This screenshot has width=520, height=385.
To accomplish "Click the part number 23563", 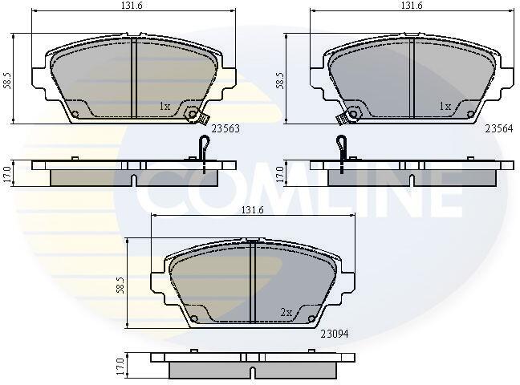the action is tap(225, 128).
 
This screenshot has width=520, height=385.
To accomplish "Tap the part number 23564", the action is tap(499, 128).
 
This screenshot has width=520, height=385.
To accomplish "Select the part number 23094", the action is tap(335, 334).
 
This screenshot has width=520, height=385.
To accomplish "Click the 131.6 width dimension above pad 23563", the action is tap(132, 6).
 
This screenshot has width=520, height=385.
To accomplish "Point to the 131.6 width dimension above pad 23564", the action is tap(412, 6).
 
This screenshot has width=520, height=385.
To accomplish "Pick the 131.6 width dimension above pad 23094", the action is tap(252, 210).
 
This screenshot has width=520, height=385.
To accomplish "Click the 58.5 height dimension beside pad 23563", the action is tap(7, 80).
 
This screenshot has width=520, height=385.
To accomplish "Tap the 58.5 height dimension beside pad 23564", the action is tap(280, 80).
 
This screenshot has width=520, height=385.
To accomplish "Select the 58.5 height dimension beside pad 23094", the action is tap(120, 286).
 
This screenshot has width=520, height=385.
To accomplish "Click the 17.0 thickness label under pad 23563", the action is tap(7, 174).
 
